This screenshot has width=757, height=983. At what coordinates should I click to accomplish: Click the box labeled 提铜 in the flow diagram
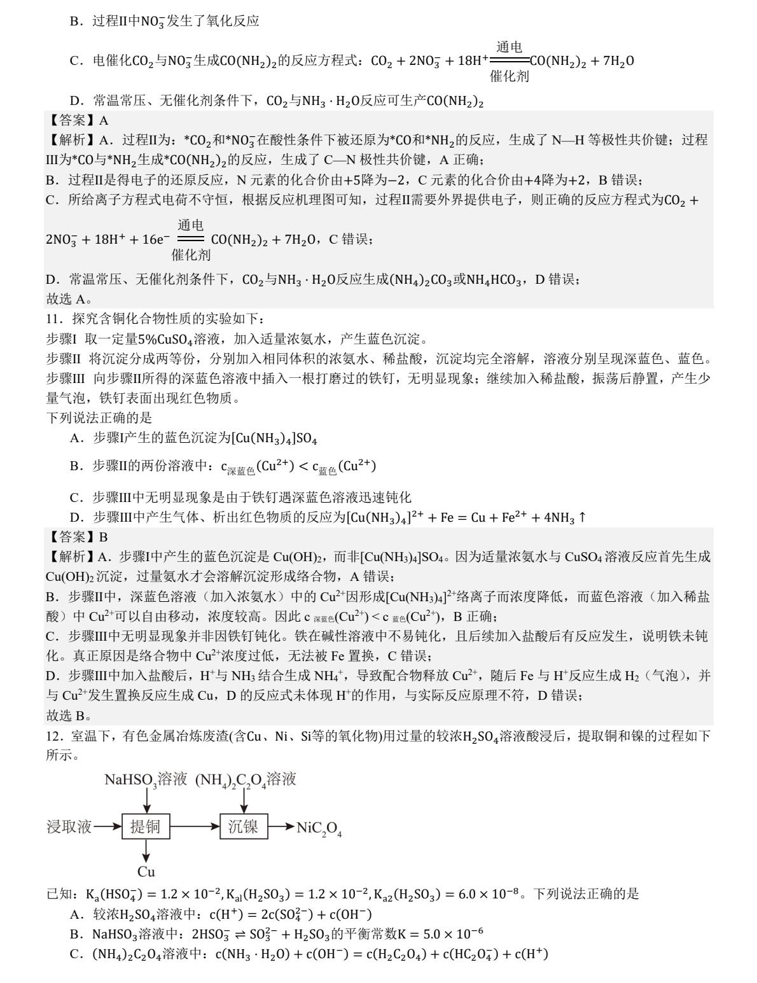pos(146,826)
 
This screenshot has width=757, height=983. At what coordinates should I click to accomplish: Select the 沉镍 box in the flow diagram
pos(243,826)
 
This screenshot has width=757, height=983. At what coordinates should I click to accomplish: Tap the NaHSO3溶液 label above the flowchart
pos(146,779)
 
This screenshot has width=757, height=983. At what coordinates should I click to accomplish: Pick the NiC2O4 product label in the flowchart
pos(319,828)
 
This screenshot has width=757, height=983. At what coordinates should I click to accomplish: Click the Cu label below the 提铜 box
pos(146,872)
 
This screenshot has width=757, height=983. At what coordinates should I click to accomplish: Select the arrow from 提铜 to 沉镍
pos(195,826)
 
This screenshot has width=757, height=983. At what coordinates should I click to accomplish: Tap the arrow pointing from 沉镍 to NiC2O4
pos(281,827)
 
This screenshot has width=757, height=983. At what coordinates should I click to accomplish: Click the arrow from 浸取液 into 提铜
pos(107,826)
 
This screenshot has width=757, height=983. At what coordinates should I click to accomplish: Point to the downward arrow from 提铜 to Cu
pos(146,851)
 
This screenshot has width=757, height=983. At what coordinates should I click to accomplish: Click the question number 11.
pos(53,319)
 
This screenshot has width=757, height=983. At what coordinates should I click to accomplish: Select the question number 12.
pos(53,736)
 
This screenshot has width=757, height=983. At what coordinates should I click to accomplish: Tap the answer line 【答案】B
pos(77,537)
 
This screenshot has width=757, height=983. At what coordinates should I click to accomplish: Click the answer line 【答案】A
pos(77,120)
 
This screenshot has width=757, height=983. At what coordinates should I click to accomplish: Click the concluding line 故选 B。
pos(69,715)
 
